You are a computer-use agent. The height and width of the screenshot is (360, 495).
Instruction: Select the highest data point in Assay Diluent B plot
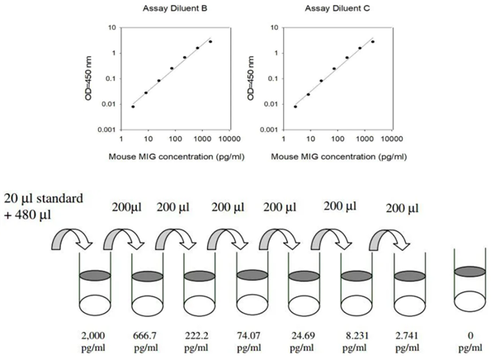[x=210, y=41]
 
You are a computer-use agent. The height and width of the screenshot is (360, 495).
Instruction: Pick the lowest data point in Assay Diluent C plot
[x=295, y=107]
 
